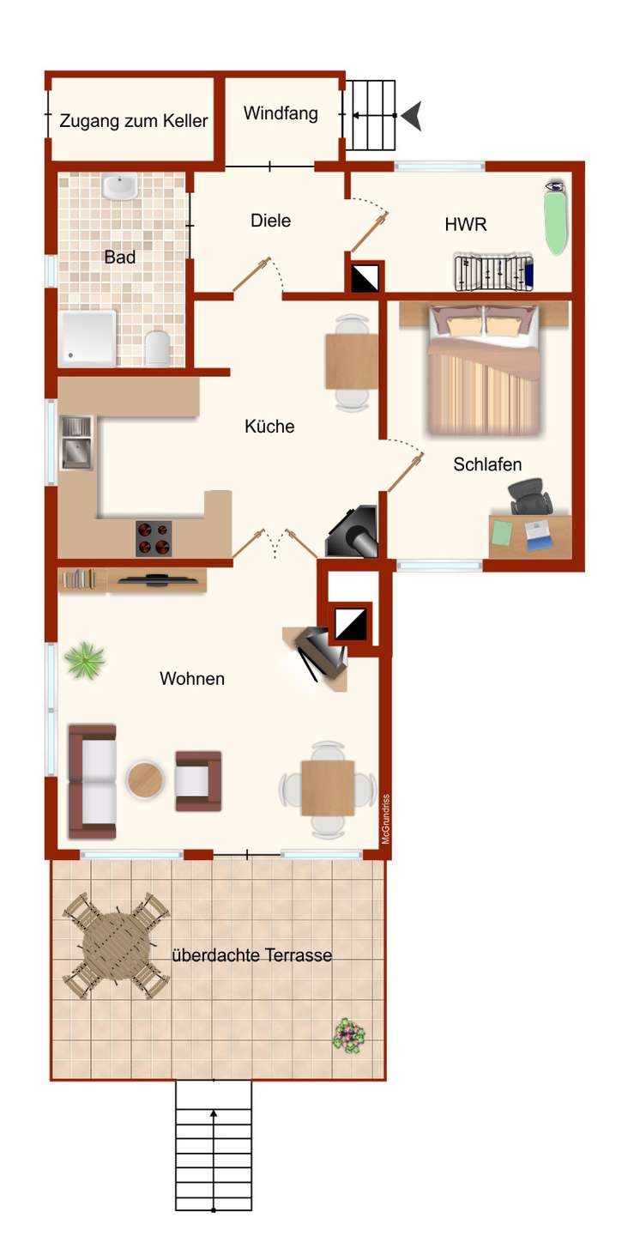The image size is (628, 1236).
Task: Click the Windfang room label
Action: tap(281, 113)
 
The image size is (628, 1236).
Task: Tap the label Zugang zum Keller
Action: tap(134, 121)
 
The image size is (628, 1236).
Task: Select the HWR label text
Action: tap(466, 225)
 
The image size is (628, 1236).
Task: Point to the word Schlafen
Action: tap(487, 464)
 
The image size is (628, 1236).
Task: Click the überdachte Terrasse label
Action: tap(252, 955)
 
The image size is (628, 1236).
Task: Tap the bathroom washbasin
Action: tap(119, 186)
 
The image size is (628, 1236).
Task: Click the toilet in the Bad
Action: tap(157, 348)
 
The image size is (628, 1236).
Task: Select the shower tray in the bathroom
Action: tap(88, 337)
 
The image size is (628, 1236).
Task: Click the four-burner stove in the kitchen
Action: tap(154, 538)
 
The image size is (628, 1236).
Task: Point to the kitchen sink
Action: tap(76, 443)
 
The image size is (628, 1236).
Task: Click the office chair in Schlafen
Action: tap(529, 496)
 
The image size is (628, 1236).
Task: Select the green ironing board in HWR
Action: tap(556, 217)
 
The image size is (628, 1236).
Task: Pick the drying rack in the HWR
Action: tap(493, 271)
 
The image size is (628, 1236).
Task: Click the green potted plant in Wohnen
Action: tap(84, 659)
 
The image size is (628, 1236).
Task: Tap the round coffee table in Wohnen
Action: tap(145, 779)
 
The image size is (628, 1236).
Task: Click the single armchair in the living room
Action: tap(198, 781)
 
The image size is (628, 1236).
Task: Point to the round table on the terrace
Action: tap(116, 945)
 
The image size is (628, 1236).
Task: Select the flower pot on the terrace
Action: tap(349, 1035)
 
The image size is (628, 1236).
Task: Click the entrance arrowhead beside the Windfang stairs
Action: tap(412, 116)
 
